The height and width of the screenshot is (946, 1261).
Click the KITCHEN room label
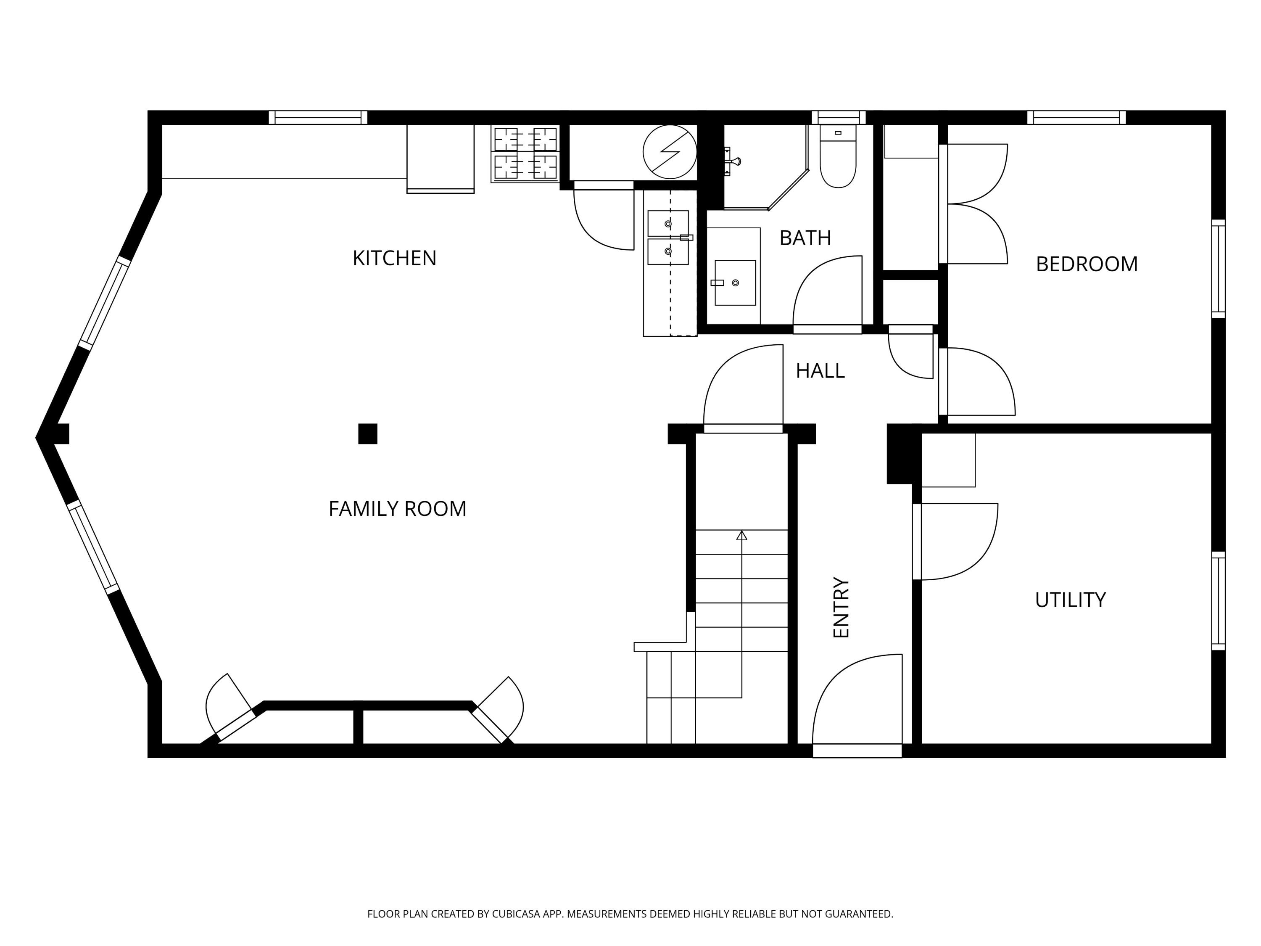click(x=395, y=258)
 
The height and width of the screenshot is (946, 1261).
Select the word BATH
click(x=805, y=238)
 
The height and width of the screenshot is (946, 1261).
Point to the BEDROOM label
click(x=1087, y=264)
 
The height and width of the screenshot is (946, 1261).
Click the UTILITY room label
click(x=1070, y=600)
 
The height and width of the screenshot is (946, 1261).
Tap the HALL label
click(x=820, y=371)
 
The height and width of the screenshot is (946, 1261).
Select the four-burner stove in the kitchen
click(x=525, y=153)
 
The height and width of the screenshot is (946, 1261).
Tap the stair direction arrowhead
click(x=741, y=536)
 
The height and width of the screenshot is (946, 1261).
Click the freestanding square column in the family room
click(x=368, y=433)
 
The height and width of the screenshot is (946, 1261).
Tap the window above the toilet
click(x=839, y=117)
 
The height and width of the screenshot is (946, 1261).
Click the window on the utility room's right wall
click(x=1218, y=600)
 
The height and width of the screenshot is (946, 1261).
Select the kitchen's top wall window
click(x=318, y=117)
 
